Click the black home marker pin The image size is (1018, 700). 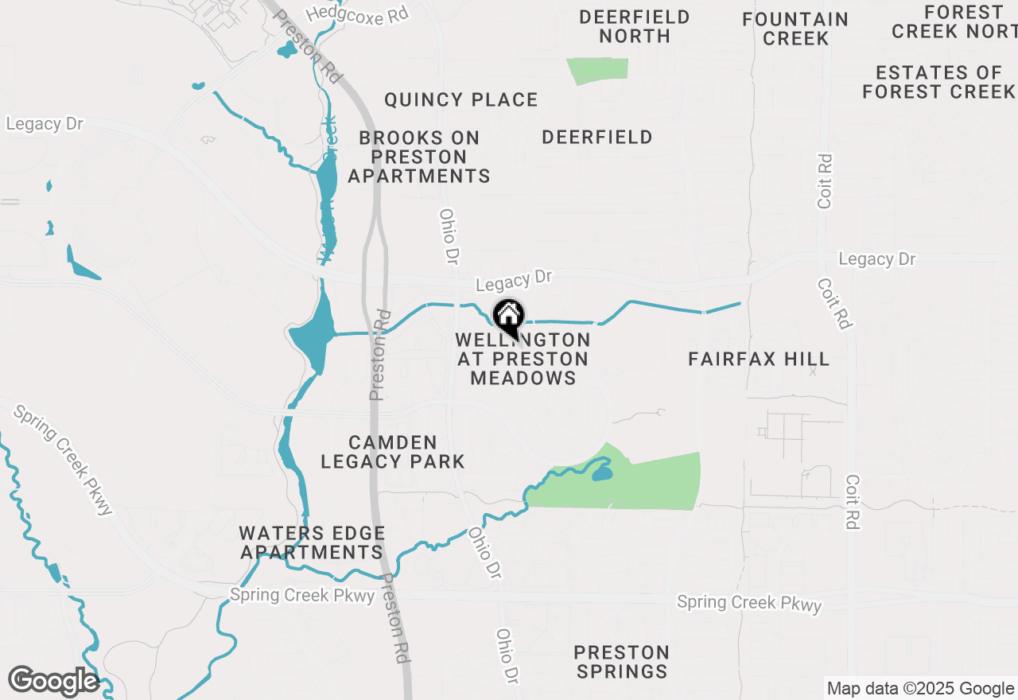click(x=508, y=317)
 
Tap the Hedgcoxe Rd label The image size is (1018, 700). click(x=356, y=14)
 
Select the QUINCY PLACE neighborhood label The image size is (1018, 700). click(x=461, y=100)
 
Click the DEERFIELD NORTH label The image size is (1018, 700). click(x=635, y=26)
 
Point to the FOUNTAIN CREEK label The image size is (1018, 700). click(x=795, y=29)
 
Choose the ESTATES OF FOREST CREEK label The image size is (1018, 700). click(x=938, y=82)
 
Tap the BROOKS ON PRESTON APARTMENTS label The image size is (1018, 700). click(x=419, y=157)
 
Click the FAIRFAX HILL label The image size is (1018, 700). click(x=759, y=359)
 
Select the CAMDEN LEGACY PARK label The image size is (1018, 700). click(x=393, y=452)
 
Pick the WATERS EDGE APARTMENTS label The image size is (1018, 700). click(x=313, y=542)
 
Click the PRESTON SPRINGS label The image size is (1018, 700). click(x=622, y=662)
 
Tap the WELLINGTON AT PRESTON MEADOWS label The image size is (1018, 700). click(x=523, y=359)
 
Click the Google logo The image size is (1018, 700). click(x=53, y=681)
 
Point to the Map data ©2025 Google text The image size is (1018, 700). click(x=920, y=689)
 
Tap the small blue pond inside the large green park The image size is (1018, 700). click(x=601, y=475)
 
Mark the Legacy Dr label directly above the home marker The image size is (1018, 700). click(x=513, y=280)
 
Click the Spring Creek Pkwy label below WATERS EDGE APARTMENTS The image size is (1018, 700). click(x=301, y=595)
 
